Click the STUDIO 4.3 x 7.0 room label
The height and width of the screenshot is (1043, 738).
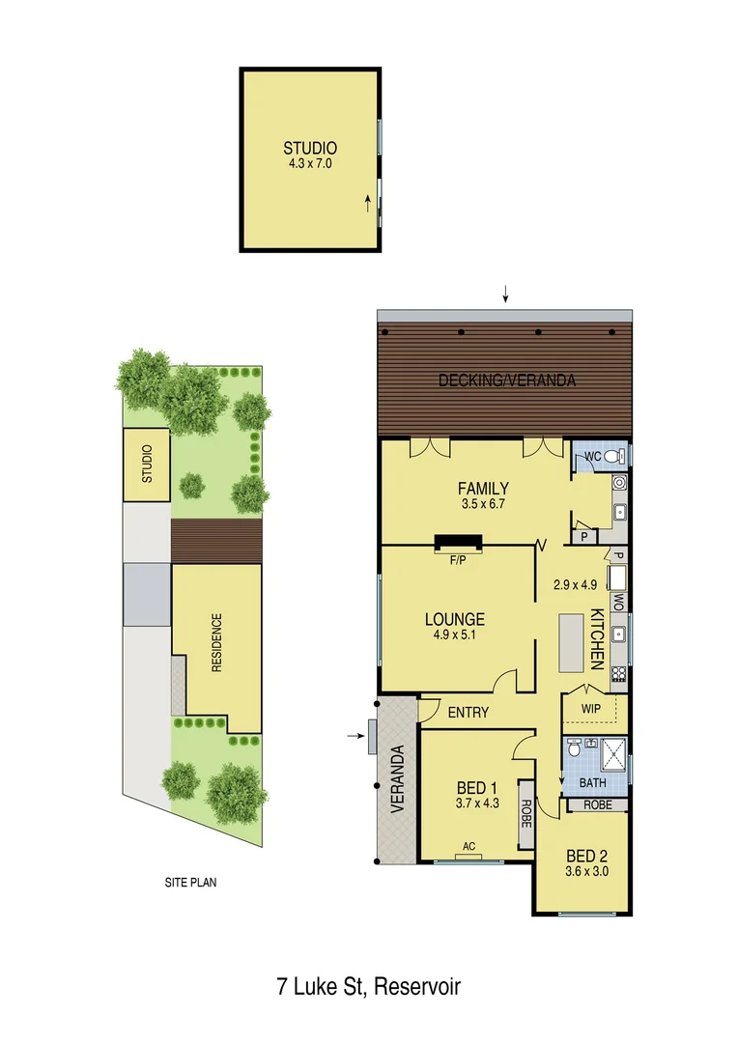coord(309,155)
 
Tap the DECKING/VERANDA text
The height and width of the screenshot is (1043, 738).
coord(507,381)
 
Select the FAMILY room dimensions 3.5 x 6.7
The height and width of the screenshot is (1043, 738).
coord(483,503)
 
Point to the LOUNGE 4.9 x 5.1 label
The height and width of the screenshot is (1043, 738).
coord(454,626)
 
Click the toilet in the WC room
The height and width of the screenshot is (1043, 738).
coord(619,456)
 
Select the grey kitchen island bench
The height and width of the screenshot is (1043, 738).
coord(571,642)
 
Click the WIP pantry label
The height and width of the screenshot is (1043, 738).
coord(591,709)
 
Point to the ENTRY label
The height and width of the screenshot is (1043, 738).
coord(468,713)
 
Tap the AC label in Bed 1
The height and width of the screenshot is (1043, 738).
coord(469,847)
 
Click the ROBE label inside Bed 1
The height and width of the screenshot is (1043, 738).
coord(526,808)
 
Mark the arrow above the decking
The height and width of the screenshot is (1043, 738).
coord(504,294)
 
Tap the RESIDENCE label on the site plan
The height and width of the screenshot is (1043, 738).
coord(216,642)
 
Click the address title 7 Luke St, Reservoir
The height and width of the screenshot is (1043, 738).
coord(368,987)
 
